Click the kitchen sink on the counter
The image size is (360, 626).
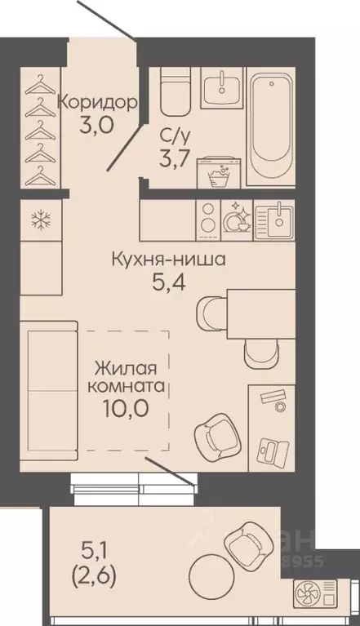coord(278,217)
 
